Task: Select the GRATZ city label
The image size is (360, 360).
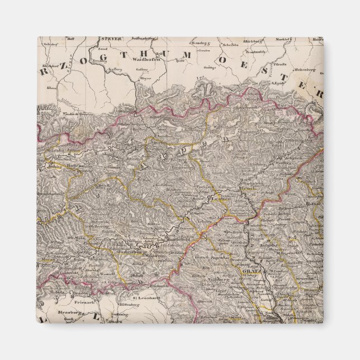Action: pos(250,272)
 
